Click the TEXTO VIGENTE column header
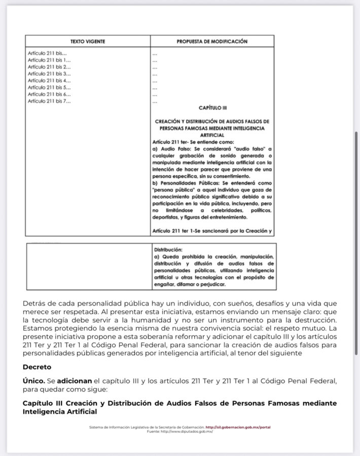(x=88, y=42)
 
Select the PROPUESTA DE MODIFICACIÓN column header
(x=212, y=42)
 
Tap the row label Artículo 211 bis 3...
(x=49, y=74)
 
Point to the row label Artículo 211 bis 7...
(x=49, y=101)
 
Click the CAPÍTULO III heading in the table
(x=212, y=108)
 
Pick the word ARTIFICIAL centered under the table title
(x=212, y=136)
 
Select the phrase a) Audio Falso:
(x=171, y=149)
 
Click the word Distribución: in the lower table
(x=168, y=250)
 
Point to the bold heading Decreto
(x=37, y=366)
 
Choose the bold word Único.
(x=31, y=379)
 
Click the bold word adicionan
(x=74, y=379)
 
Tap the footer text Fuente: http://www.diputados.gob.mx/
(x=180, y=431)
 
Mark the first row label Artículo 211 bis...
(x=47, y=53)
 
